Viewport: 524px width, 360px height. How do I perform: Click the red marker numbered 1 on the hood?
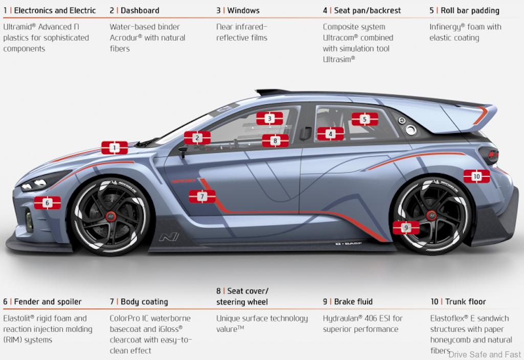[x=114, y=148]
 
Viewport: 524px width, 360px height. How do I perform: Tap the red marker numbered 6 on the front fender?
[x=48, y=203]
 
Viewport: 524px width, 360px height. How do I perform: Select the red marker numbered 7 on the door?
[x=202, y=196]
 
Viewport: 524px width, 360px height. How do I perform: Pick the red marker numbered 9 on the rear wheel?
[x=406, y=228]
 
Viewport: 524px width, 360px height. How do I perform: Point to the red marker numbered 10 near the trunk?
[x=476, y=176]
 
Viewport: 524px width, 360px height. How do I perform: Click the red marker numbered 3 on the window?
[x=270, y=119]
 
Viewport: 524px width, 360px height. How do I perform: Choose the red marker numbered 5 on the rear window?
[x=364, y=119]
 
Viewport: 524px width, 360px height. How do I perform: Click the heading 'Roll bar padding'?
[x=470, y=10]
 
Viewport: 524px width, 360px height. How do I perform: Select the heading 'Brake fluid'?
[x=353, y=302]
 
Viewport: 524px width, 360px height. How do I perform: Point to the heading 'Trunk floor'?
[x=465, y=302]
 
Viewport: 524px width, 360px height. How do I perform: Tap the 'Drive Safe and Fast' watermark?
[x=484, y=354]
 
